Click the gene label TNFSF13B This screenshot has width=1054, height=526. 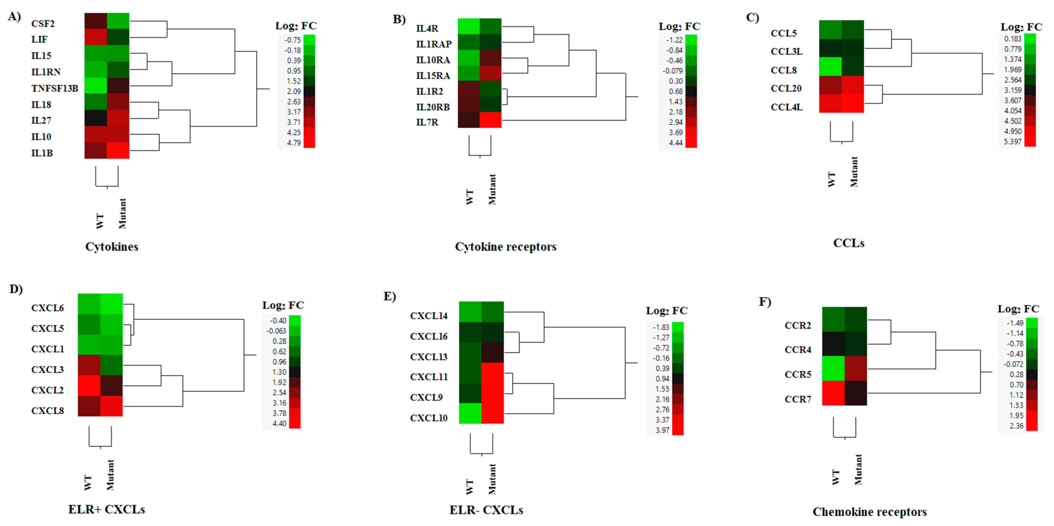pos(54,88)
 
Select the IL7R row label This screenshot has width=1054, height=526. pos(427,122)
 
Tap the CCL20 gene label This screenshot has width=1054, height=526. pos(786,88)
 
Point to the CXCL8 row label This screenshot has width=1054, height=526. pos(47,411)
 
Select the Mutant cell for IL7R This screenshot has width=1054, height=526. pos(491,120)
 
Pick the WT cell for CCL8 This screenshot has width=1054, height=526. pos(830,66)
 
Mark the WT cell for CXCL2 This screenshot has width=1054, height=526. pos(89,386)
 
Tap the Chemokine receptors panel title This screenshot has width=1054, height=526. pos(869,512)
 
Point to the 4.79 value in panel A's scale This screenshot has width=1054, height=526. pos(294,143)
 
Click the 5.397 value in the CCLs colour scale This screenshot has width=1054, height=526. pos(1013,142)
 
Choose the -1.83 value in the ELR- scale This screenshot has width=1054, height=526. pos(661,327)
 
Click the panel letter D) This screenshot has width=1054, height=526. pos(16,289)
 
